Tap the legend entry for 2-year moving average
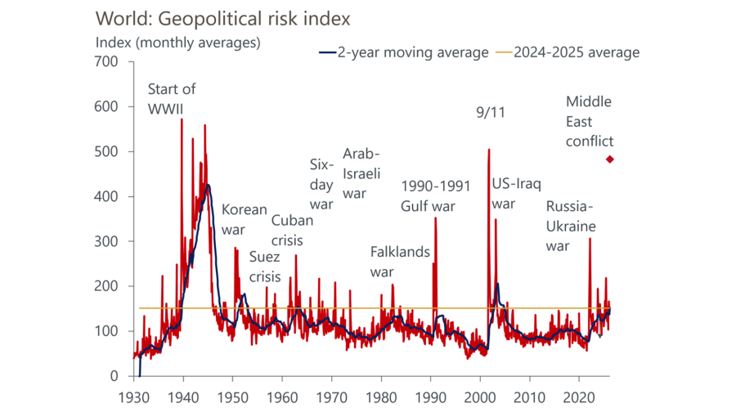pyautogui.click(x=402, y=52)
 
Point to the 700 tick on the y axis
pyautogui.click(x=107, y=62)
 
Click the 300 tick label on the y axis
pyautogui.click(x=107, y=242)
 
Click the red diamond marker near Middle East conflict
pyautogui.click(x=609, y=159)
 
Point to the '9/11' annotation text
pyautogui.click(x=491, y=113)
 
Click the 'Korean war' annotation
pyautogui.click(x=244, y=219)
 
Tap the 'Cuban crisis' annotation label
pyautogui.click(x=287, y=230)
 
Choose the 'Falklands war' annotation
pyautogui.click(x=400, y=261)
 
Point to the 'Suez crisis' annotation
pyautogui.click(x=264, y=267)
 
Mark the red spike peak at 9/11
pyautogui.click(x=488, y=150)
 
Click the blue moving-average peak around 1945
pyautogui.click(x=209, y=185)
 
